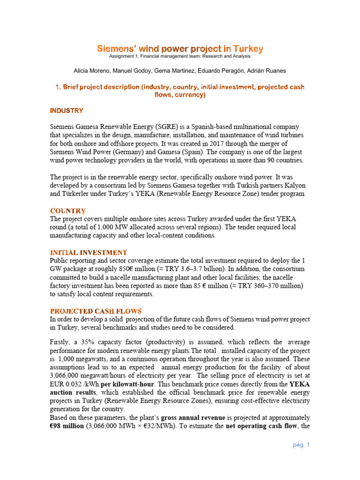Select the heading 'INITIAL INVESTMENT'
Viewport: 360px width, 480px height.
89,253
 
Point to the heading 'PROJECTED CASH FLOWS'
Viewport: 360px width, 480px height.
96,311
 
